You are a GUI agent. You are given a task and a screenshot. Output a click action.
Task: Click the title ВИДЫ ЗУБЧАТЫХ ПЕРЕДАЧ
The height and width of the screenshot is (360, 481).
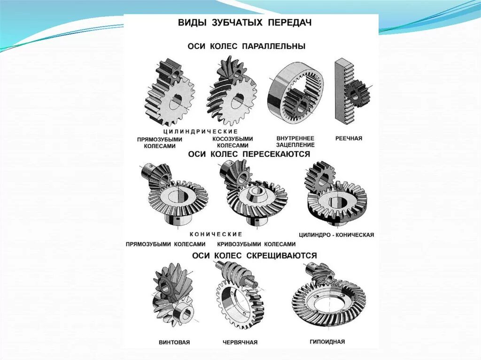click(244, 23)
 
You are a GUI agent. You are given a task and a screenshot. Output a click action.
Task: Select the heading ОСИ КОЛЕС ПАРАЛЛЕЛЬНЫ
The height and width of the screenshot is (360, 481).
click(247, 46)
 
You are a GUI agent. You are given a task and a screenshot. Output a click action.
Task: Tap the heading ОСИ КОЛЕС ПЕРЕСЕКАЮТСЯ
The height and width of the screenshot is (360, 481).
click(249, 154)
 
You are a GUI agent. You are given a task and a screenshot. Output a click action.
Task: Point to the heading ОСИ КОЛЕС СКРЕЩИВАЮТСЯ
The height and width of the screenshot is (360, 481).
click(254, 256)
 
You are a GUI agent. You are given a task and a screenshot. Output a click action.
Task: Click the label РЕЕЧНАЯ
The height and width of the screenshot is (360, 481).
click(349, 139)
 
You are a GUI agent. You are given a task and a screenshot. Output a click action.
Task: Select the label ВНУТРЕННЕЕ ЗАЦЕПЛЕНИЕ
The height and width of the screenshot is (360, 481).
click(295, 142)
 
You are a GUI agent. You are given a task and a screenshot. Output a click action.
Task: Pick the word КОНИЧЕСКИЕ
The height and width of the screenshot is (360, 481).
click(216, 234)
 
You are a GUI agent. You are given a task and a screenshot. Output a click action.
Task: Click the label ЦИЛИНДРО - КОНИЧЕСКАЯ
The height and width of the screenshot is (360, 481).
click(336, 235)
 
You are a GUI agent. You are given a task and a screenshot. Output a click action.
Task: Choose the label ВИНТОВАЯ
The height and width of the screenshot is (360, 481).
click(174, 343)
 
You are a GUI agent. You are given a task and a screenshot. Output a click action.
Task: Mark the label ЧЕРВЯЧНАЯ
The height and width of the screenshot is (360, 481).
click(240, 343)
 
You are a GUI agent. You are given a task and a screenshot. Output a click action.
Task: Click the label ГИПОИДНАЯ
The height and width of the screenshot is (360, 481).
click(327, 342)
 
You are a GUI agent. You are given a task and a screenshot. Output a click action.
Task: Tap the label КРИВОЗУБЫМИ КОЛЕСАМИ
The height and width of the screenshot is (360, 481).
click(256, 244)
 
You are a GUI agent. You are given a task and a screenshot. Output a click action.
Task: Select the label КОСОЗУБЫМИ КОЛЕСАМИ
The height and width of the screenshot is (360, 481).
click(233, 142)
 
